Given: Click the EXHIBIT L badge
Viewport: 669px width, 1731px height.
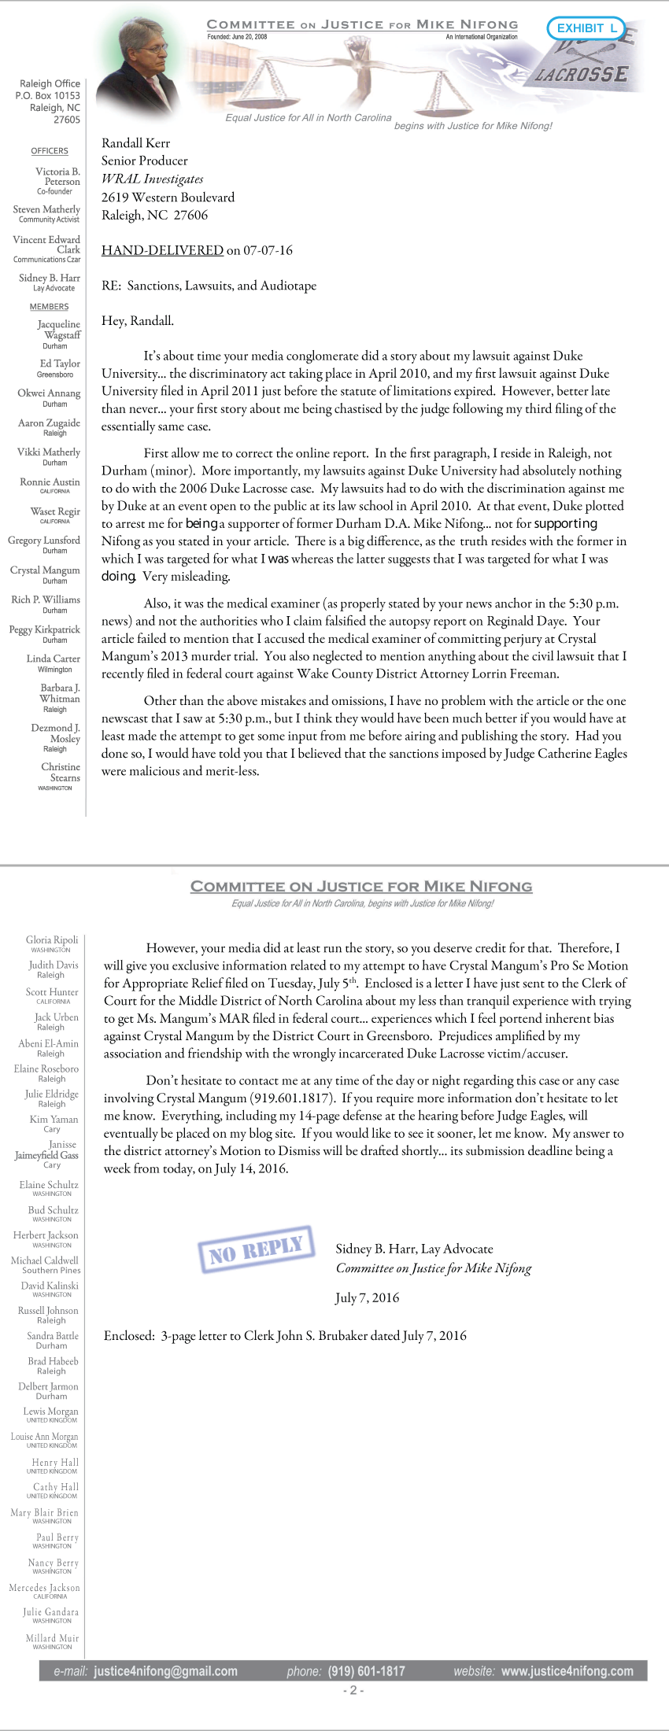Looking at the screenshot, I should (x=586, y=28).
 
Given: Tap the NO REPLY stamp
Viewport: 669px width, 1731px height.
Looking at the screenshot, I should (x=256, y=1248).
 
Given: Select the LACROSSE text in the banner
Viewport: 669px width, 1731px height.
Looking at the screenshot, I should (x=582, y=74).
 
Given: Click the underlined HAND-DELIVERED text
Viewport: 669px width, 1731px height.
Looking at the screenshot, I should (x=162, y=250).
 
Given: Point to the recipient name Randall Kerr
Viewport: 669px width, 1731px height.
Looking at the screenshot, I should (x=135, y=143).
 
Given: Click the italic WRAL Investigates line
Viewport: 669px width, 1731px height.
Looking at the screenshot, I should (x=152, y=179).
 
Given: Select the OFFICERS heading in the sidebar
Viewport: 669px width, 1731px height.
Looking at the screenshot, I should (x=50, y=151).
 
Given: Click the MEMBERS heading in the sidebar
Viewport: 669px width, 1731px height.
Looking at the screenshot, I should (x=49, y=307).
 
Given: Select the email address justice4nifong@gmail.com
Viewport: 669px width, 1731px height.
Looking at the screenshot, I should (x=165, y=1671).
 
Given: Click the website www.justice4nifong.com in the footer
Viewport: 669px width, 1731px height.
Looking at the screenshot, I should (x=567, y=1671).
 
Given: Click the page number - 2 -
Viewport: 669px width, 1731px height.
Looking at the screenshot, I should (x=353, y=1690).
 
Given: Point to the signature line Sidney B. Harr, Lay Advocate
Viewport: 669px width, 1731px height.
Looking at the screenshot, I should (x=414, y=1249).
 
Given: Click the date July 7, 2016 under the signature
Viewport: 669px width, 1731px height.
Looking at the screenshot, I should (x=367, y=1297).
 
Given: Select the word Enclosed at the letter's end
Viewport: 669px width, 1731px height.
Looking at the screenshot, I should (x=128, y=1335).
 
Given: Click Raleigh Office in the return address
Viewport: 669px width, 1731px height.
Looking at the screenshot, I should (x=50, y=83).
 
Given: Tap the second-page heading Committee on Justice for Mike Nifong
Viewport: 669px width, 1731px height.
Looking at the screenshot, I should (x=361, y=887).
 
